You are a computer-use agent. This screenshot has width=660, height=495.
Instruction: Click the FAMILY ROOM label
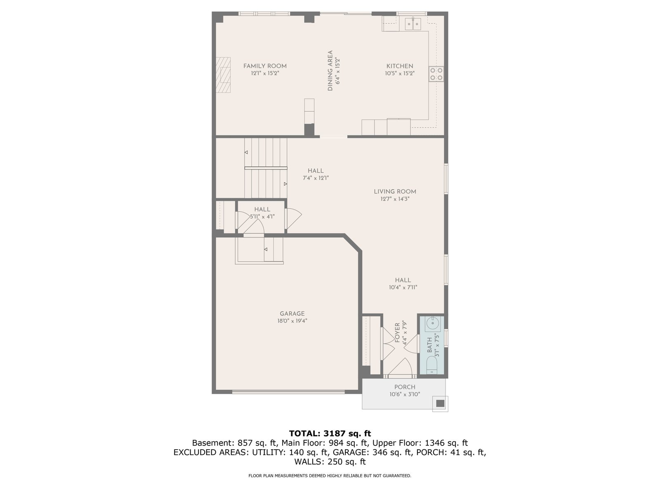[264, 66]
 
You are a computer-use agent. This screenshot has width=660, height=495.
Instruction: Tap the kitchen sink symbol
[413, 24]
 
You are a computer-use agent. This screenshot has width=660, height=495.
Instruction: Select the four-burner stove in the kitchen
[436, 74]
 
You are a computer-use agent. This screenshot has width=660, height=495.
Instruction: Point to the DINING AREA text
[330, 71]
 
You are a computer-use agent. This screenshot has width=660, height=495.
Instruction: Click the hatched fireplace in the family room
[223, 75]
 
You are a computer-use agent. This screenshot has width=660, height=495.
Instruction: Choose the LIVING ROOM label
[395, 191]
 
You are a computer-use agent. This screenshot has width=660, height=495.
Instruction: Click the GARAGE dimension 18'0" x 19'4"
[292, 321]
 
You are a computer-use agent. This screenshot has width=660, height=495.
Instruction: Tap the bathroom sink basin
[433, 323]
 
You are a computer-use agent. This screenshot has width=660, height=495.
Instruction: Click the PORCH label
[405, 387]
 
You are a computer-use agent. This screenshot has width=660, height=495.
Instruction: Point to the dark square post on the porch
[440, 403]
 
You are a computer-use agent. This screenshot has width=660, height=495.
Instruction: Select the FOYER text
[397, 333]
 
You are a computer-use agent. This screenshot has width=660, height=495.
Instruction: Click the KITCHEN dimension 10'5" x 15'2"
[400, 73]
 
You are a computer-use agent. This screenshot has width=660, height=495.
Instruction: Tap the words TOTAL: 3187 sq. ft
[330, 434]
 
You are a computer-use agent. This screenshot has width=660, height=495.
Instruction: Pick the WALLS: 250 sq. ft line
[330, 462]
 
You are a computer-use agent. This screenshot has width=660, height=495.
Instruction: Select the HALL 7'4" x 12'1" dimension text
[316, 178]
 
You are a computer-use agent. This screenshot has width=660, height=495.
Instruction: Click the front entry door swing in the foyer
[400, 367]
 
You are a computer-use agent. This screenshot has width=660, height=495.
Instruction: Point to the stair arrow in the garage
[266, 249]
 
